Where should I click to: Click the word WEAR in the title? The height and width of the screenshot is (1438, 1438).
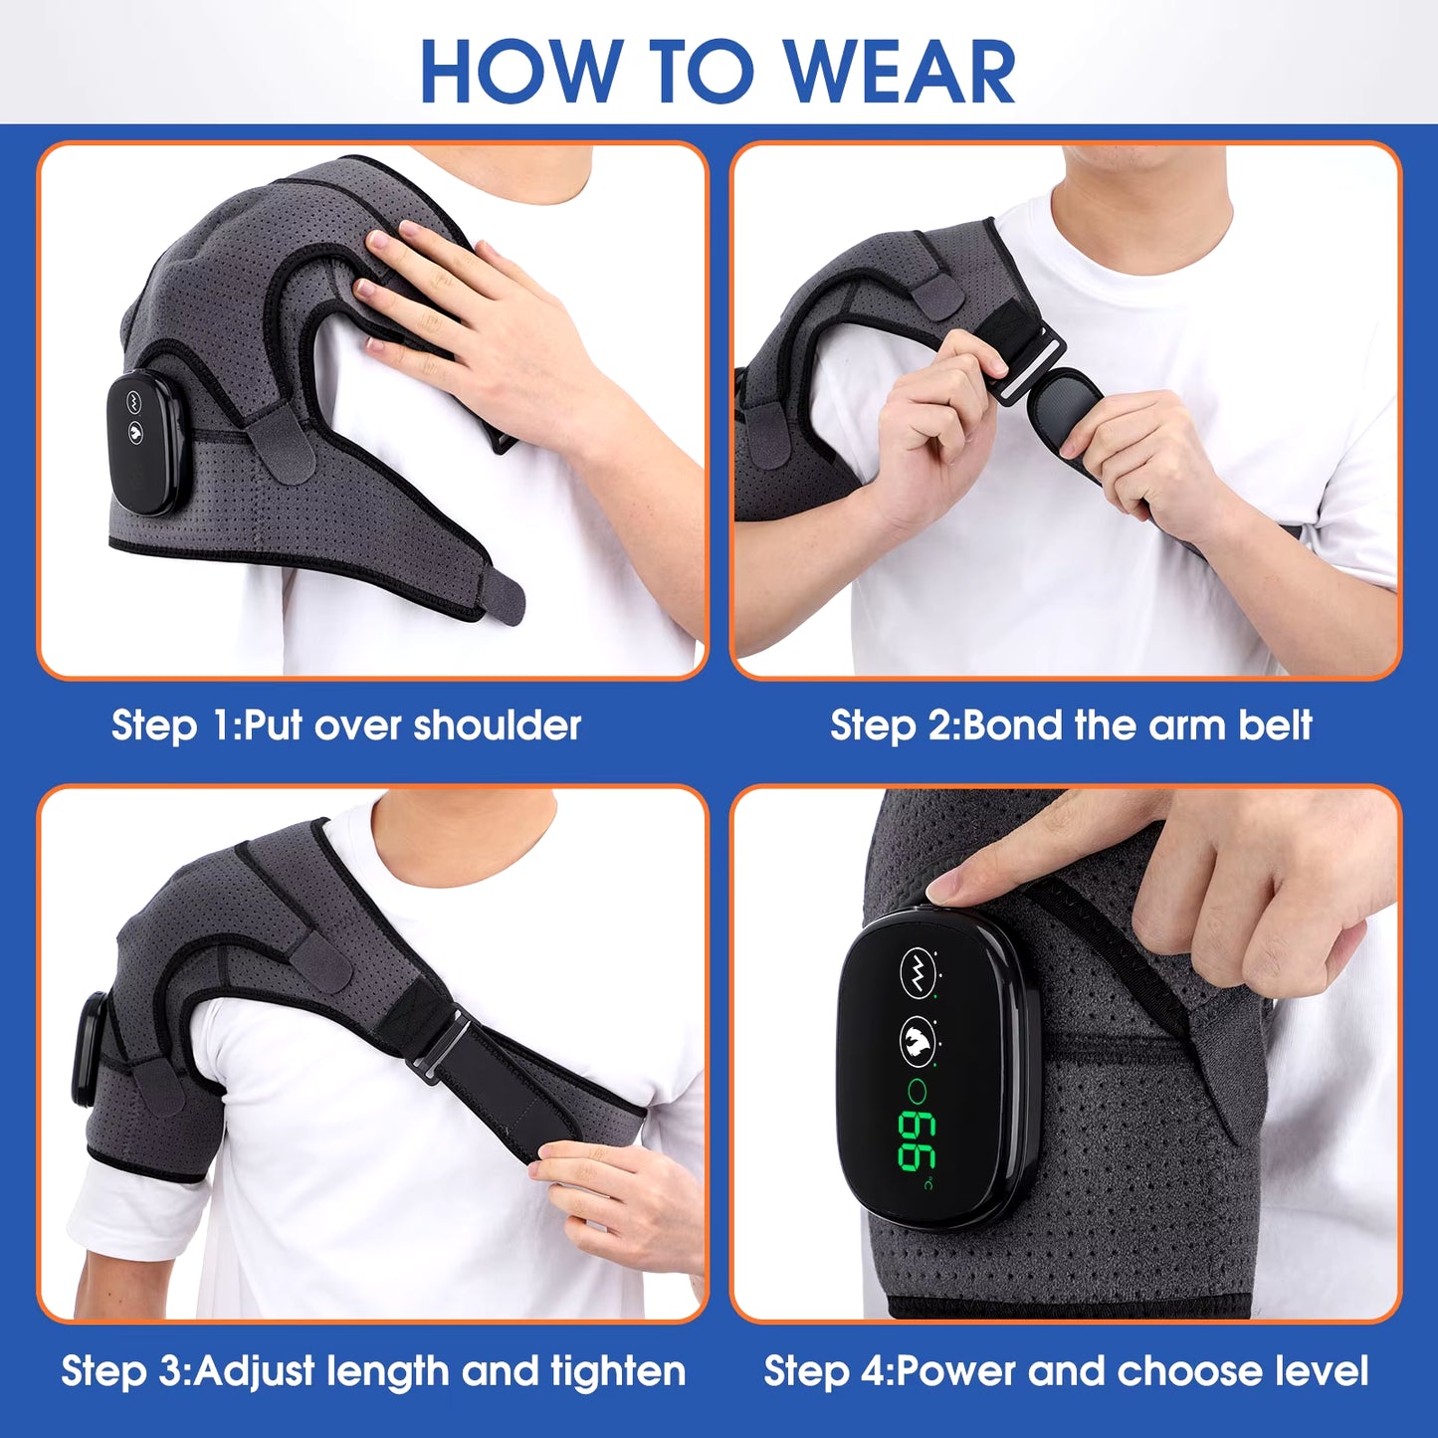(x=900, y=72)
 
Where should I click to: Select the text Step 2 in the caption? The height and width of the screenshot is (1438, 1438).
(x=892, y=725)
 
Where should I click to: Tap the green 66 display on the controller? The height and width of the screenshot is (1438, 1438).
(x=916, y=1138)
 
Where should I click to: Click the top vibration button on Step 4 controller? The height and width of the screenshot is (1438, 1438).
(x=918, y=971)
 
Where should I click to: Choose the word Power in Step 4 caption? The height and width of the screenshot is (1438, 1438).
(x=956, y=1371)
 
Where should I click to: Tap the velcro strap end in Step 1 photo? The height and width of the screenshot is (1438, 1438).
(x=502, y=597)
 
